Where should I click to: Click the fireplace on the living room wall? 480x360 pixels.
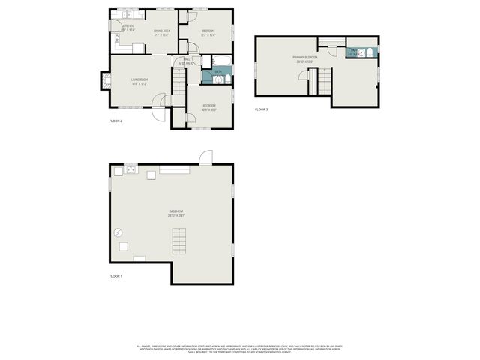point(105,79)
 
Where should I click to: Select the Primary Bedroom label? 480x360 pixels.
point(305,59)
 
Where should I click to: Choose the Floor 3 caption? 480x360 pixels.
point(261,110)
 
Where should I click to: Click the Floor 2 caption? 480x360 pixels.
point(115,121)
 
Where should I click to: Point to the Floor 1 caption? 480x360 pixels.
point(115,276)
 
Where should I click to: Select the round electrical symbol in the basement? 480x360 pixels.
point(118,233)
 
